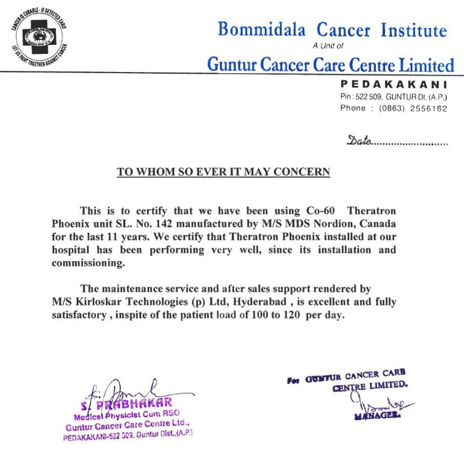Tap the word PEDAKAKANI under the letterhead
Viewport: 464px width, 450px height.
pos(394,84)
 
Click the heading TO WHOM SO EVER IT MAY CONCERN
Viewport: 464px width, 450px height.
pos(223,172)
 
